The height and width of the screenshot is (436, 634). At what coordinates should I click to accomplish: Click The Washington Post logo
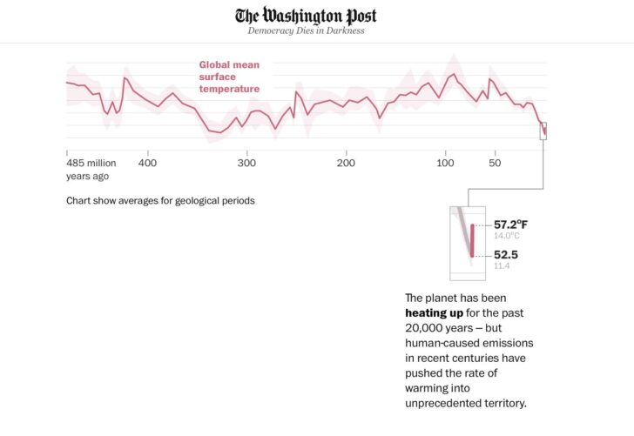click(306, 16)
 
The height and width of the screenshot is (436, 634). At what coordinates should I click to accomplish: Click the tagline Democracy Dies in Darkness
click(306, 30)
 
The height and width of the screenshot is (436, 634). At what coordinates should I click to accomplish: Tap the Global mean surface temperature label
click(229, 77)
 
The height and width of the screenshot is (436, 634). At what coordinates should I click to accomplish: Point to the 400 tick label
click(147, 163)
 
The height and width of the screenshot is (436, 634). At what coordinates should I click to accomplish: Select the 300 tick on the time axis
click(246, 163)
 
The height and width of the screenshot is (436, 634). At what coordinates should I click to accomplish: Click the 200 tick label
click(346, 163)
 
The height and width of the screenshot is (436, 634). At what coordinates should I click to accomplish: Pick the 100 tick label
click(445, 163)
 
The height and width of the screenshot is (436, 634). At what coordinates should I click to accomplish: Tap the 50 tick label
click(495, 163)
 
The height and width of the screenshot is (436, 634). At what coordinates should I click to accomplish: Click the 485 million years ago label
click(91, 169)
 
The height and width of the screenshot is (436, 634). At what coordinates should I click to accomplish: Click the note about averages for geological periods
click(160, 200)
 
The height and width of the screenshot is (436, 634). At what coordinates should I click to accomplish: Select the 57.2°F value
click(510, 225)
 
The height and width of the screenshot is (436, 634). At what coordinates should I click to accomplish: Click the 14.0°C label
click(507, 236)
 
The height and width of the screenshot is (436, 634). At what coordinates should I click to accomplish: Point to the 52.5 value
click(507, 255)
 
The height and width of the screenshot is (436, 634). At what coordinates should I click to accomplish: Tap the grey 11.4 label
click(502, 265)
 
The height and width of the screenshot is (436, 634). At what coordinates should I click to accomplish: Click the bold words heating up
click(434, 312)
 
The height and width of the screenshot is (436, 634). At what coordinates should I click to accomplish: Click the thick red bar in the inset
click(473, 240)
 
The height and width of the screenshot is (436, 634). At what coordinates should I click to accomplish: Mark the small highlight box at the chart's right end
click(543, 131)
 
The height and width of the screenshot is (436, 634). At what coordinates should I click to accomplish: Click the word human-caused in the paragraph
click(444, 342)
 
